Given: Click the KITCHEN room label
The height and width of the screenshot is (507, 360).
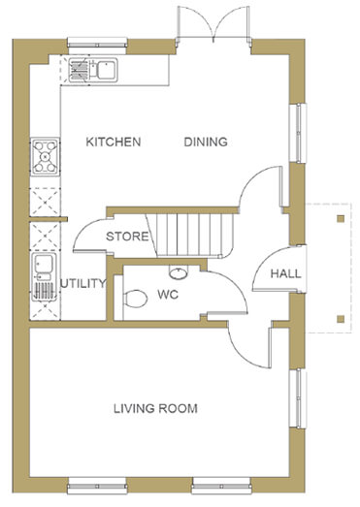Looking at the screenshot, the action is click(x=114, y=142).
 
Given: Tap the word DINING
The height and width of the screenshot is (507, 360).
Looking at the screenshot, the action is click(x=206, y=142).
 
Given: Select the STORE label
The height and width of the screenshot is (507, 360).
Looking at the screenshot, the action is click(x=127, y=237).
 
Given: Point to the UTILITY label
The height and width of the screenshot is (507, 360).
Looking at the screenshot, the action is click(x=83, y=284).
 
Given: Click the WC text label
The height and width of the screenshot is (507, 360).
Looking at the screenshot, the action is click(x=168, y=295).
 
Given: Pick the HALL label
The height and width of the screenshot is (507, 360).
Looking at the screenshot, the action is click(x=286, y=274).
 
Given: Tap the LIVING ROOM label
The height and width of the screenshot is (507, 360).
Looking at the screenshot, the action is click(x=155, y=409).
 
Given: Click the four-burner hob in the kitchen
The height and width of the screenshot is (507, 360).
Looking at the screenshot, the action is click(x=45, y=157).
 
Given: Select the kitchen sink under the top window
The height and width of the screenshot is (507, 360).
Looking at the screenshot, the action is click(x=93, y=70).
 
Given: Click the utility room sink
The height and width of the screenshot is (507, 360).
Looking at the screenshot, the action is click(x=44, y=277).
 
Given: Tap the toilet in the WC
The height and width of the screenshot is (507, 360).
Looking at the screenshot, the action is click(x=135, y=299).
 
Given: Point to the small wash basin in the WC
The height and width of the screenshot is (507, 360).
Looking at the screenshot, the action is click(x=178, y=273).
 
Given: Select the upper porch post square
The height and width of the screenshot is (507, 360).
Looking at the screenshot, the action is click(x=341, y=219).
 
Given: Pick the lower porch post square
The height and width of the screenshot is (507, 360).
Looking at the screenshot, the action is click(x=341, y=319).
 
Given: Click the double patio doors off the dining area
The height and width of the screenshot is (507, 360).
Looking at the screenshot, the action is click(x=213, y=24).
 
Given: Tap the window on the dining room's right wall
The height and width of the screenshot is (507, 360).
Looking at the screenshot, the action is click(x=298, y=133).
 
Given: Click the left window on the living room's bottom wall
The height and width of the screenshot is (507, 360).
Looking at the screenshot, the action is click(x=97, y=486).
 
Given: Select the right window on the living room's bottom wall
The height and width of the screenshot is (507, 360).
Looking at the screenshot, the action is click(x=221, y=486).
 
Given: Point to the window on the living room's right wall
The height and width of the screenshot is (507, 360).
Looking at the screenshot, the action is click(x=298, y=398).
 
